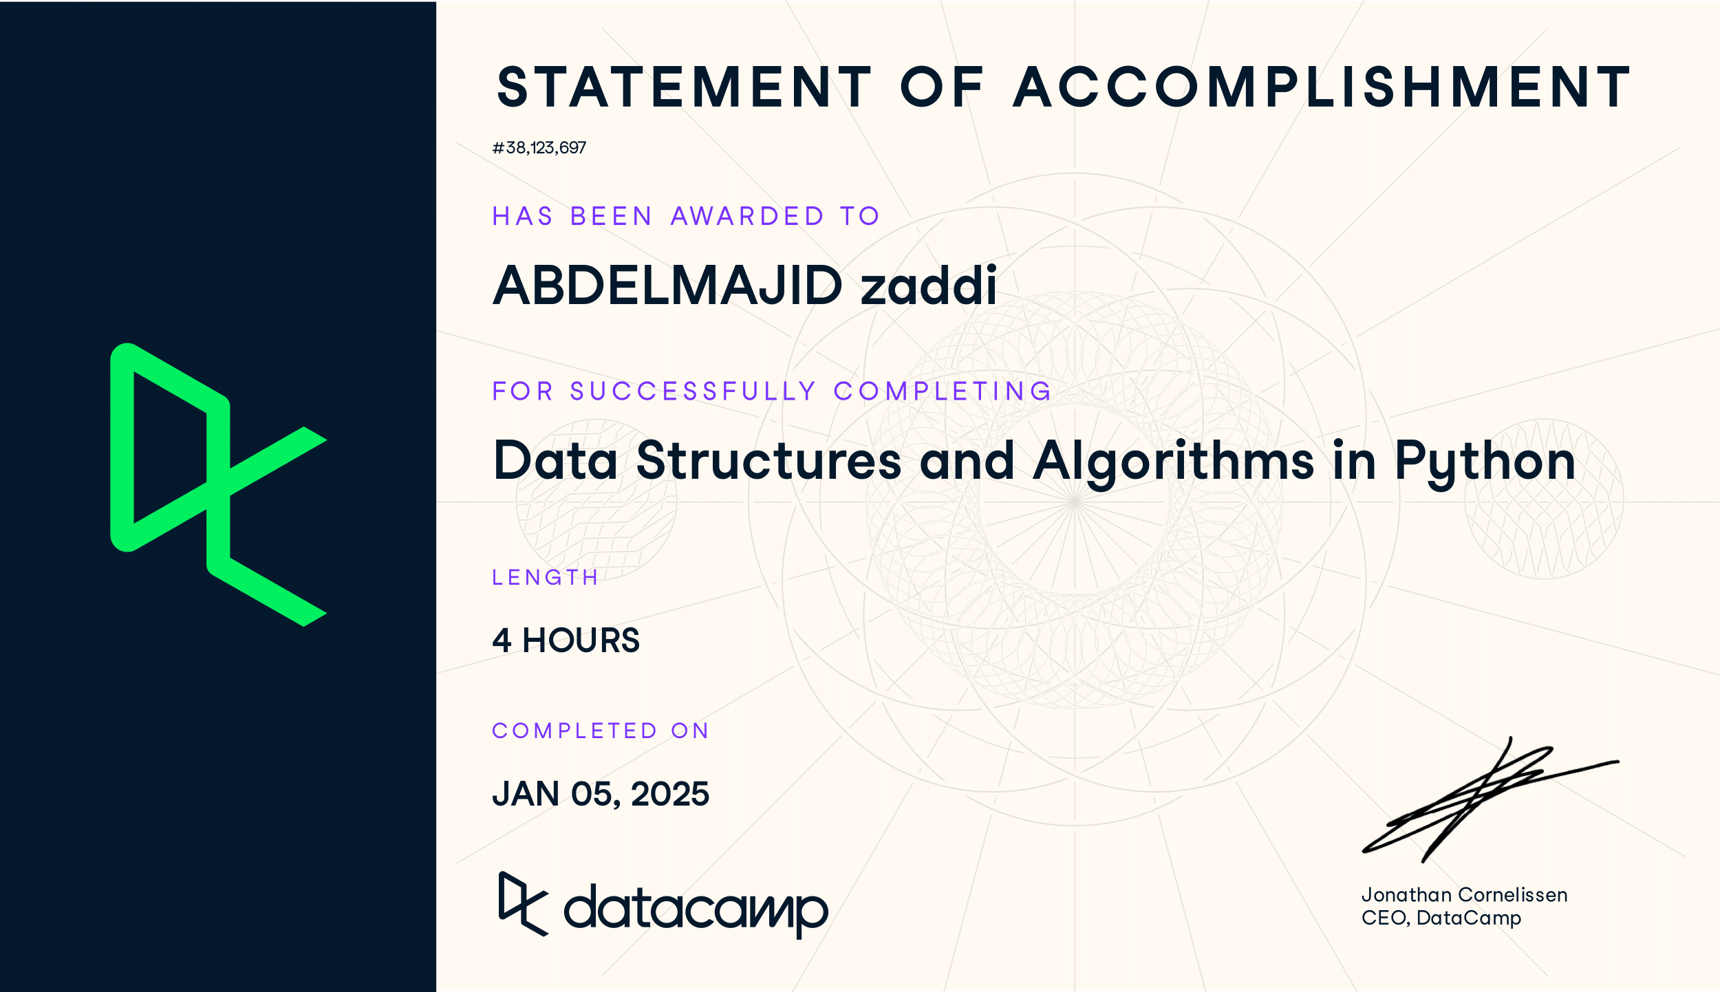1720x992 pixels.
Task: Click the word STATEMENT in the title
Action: (x=684, y=87)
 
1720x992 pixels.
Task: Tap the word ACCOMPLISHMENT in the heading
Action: (x=1322, y=87)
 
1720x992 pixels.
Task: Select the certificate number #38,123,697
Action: (x=539, y=148)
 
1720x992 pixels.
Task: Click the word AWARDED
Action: (x=747, y=217)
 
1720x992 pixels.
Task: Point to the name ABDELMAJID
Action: (x=667, y=285)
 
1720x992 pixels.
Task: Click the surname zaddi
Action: (x=928, y=285)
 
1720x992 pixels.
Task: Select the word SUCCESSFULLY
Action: (x=693, y=391)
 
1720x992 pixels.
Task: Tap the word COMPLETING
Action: (x=943, y=391)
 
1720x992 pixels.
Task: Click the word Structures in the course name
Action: (x=768, y=461)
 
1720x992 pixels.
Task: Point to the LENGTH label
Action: (x=545, y=577)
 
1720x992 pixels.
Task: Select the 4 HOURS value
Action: (x=566, y=640)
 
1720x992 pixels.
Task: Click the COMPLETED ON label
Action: (x=600, y=731)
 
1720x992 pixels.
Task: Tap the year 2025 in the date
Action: (x=669, y=794)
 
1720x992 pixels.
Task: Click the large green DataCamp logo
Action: (x=218, y=484)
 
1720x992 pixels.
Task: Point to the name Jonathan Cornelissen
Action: (x=1464, y=895)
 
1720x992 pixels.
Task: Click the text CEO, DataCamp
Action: (x=1441, y=918)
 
